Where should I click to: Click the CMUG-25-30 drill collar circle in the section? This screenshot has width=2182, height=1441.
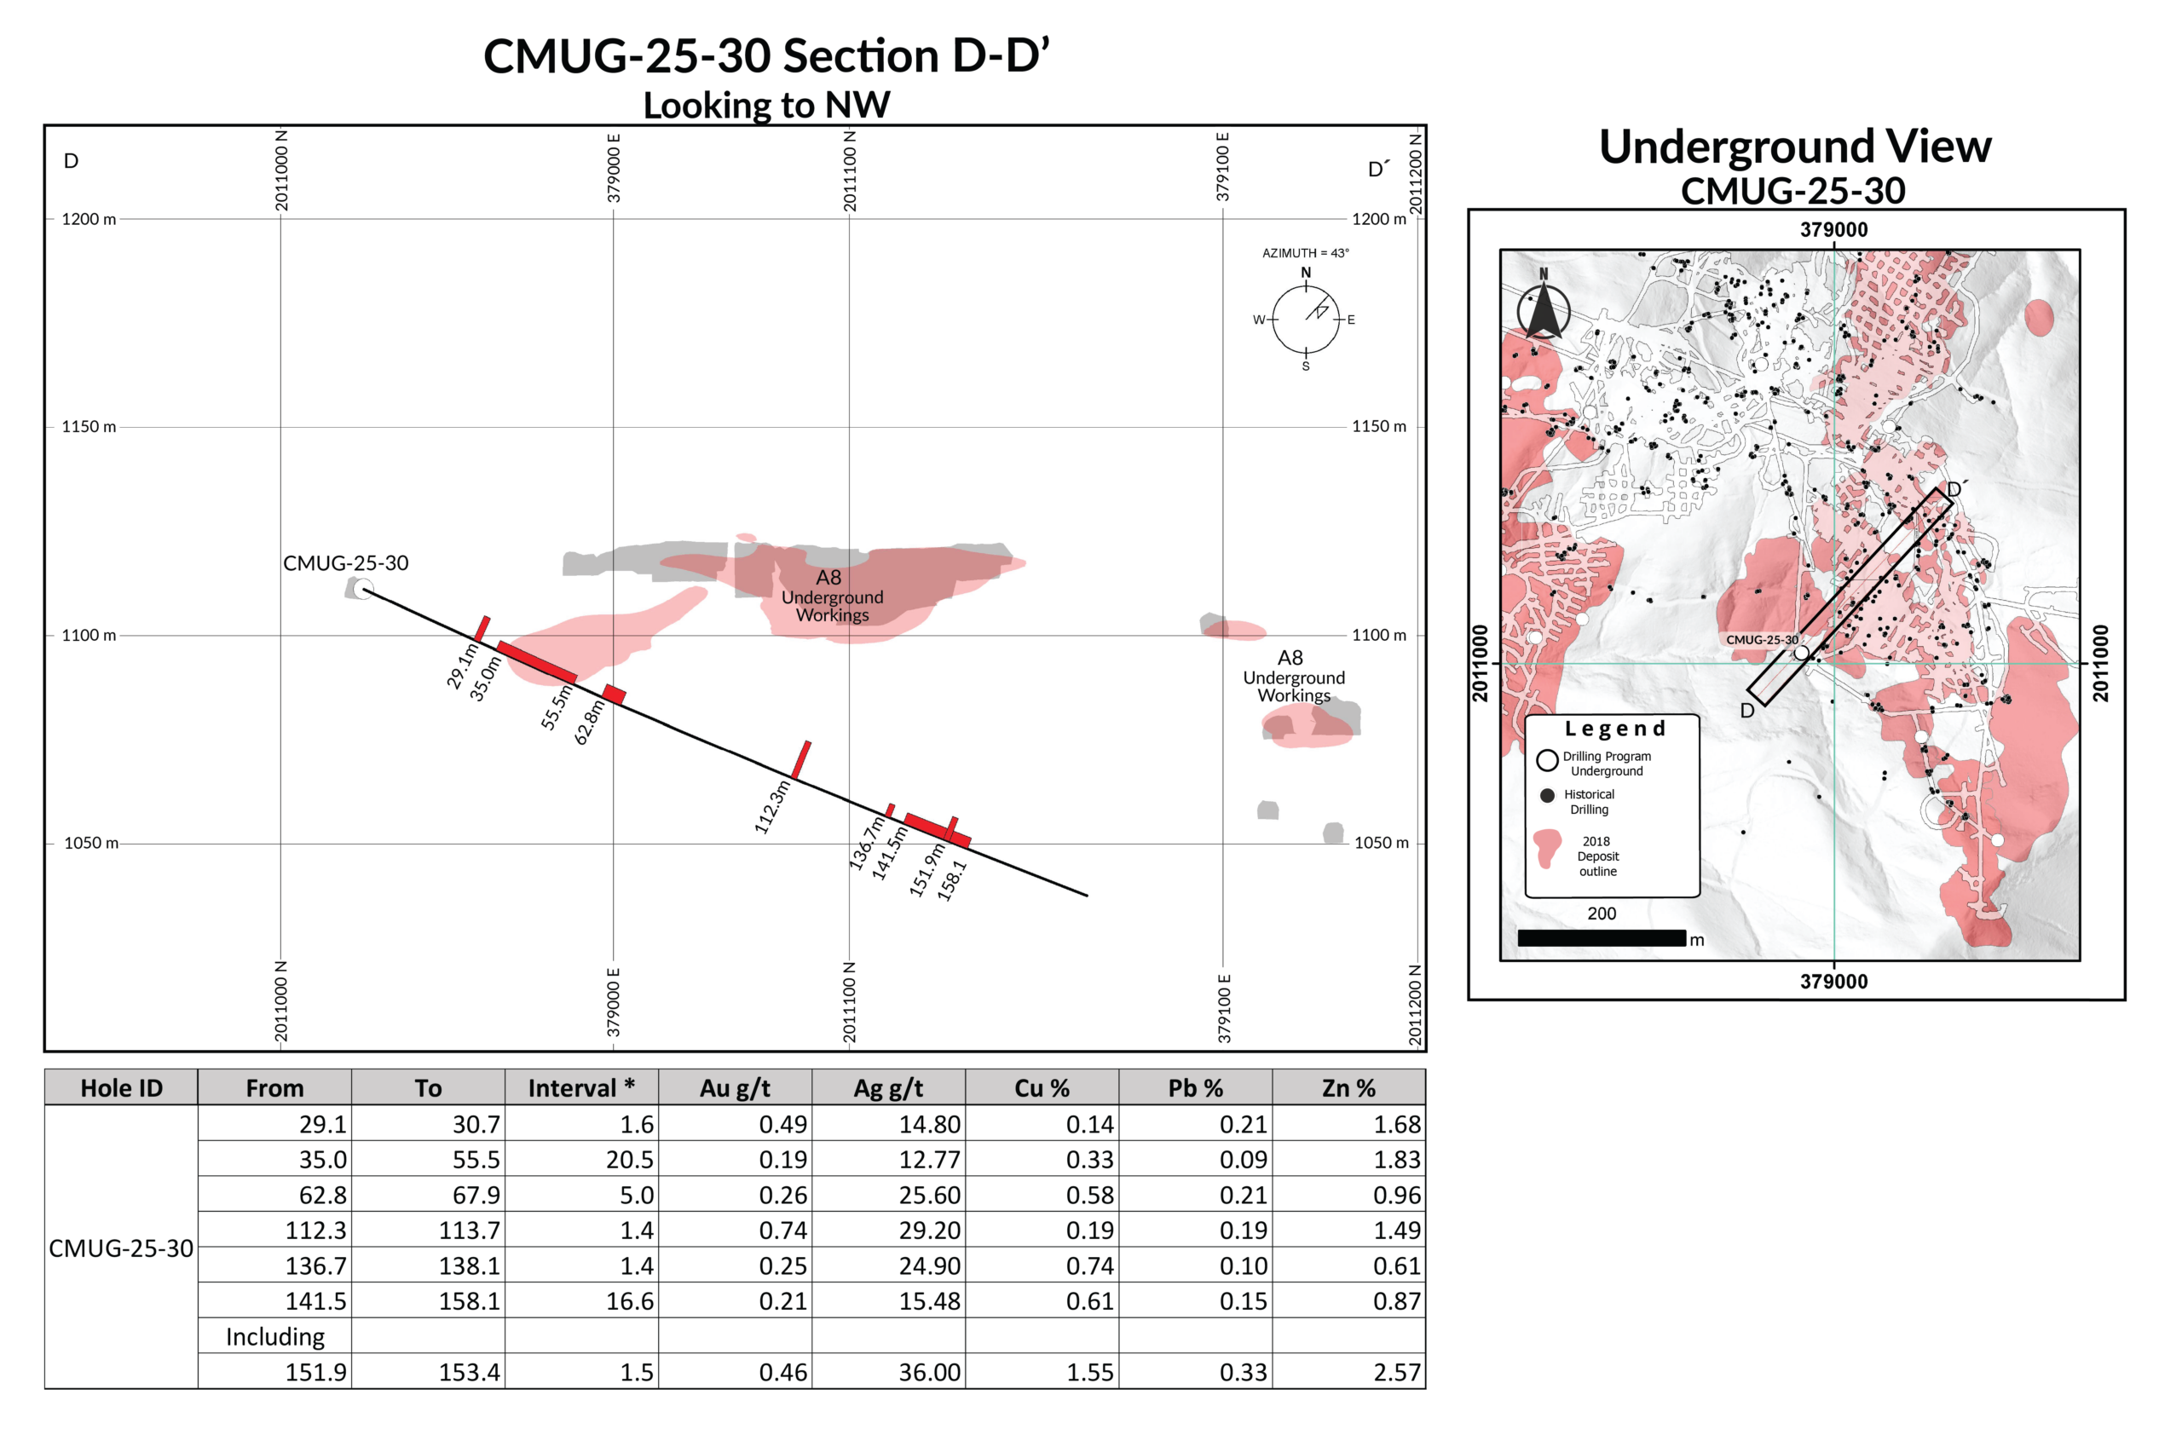coord(364,589)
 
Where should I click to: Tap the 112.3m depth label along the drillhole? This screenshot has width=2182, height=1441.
coord(772,807)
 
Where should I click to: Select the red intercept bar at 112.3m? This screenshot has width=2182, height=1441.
coord(801,760)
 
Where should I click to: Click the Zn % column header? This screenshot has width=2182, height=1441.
coord(1348,1088)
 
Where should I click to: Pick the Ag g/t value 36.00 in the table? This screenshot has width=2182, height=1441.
coord(929,1372)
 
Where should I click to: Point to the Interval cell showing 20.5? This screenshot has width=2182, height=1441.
coord(630,1160)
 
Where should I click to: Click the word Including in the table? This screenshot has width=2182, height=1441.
coord(274,1336)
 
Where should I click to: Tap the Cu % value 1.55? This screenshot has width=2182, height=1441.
coord(1089,1372)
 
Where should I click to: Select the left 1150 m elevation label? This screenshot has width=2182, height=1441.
coord(89,426)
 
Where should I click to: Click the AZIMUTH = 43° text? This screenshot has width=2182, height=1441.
coord(1305,253)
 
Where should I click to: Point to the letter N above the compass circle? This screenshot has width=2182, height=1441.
coord(1305,273)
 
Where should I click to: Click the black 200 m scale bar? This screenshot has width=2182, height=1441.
coord(1601,938)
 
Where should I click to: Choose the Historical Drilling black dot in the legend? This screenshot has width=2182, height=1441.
coord(1548,796)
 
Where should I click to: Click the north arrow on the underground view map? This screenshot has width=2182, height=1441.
coord(1544,308)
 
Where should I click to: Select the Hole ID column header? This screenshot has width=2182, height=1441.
coord(121,1088)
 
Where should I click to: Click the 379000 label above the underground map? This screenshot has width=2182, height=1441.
coord(1833,230)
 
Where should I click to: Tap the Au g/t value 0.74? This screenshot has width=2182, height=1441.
coord(782,1231)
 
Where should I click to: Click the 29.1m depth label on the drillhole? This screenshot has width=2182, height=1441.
coord(462,666)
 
